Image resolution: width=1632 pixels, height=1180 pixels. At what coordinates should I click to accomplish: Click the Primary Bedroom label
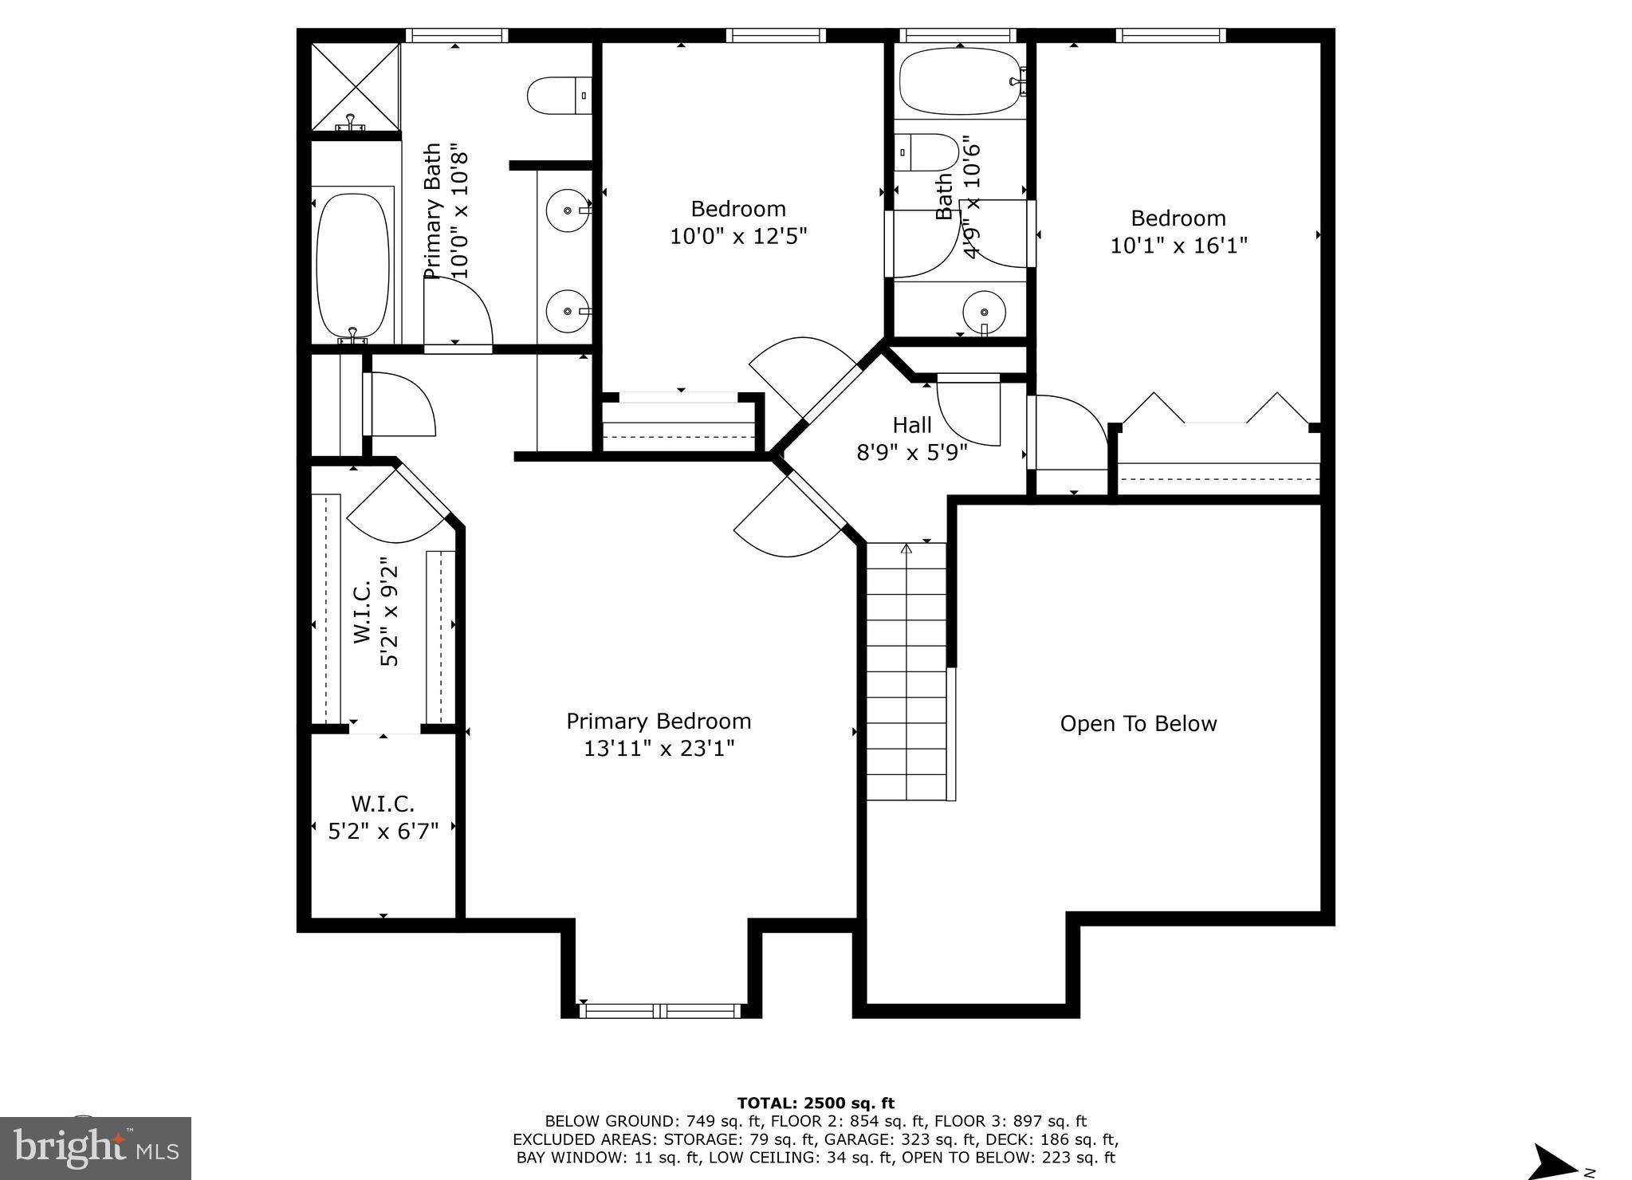tap(659, 721)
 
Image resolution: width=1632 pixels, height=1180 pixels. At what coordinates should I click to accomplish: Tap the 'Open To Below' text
tap(1138, 724)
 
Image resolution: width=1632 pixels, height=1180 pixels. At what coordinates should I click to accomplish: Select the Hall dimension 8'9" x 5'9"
tap(911, 453)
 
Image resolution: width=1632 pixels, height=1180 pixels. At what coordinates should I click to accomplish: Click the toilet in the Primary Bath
tap(559, 95)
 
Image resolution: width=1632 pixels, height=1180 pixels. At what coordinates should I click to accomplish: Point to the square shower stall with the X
tap(355, 87)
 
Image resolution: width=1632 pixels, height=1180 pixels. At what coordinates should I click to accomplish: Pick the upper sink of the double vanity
tap(567, 210)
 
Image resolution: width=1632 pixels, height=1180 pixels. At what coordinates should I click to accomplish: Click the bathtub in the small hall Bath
tap(959, 81)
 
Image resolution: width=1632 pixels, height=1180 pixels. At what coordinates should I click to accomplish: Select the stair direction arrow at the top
tap(906, 549)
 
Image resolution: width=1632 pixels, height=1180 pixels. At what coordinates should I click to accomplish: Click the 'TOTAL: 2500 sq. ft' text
tap(816, 1103)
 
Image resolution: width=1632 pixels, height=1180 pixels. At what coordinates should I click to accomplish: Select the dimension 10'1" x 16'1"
tap(1178, 246)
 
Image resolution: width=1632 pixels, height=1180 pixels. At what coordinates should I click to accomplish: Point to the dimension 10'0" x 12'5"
tap(738, 237)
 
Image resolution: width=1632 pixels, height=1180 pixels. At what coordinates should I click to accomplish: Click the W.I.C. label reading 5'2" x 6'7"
tap(383, 832)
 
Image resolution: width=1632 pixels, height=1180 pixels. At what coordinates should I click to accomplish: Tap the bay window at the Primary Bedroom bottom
tap(660, 1010)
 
